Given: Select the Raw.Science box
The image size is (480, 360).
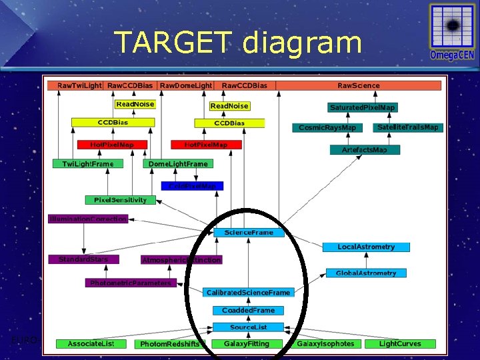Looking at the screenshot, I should (359, 85).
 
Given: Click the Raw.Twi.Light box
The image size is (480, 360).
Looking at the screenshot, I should (79, 85).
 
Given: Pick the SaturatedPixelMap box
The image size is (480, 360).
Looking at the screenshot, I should (363, 107).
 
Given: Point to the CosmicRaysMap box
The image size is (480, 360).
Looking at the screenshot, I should (327, 127).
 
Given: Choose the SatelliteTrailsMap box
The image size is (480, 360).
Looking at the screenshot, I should (408, 127).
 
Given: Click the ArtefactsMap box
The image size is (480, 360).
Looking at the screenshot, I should (364, 150).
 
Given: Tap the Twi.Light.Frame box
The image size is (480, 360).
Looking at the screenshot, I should (88, 163).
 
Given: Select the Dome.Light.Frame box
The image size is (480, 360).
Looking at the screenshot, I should (179, 163).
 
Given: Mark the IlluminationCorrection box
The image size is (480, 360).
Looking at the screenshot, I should (87, 219).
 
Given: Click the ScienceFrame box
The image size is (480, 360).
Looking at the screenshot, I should (249, 232).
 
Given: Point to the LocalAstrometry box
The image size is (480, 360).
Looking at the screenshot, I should (366, 247).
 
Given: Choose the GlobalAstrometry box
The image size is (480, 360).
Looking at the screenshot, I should (366, 273).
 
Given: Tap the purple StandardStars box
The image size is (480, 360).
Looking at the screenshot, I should (83, 259).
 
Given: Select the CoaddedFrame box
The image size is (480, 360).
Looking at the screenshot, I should (249, 310).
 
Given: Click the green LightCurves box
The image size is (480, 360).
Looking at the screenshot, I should (400, 343).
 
